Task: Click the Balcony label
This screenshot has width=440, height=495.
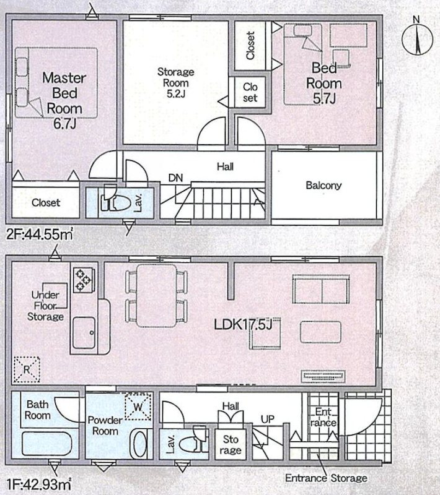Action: click(x=323, y=185)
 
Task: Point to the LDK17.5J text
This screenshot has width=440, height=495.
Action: click(x=243, y=323)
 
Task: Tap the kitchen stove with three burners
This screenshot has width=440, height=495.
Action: click(x=82, y=280)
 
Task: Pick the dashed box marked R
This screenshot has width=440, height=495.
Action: click(x=26, y=369)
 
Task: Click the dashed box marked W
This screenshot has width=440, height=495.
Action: click(x=137, y=407)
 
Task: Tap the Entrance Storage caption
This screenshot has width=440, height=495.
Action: click(x=326, y=478)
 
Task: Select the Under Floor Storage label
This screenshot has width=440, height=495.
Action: click(x=46, y=306)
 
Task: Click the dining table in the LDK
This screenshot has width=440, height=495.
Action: click(x=157, y=295)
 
